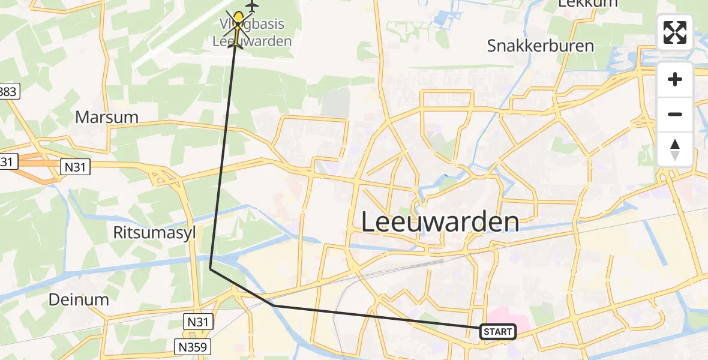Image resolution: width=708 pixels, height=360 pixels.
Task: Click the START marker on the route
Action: pos(497,331)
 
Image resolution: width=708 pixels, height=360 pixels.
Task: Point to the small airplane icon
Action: pos(251,6)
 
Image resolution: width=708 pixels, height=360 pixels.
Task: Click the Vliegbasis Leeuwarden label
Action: pos(252,33)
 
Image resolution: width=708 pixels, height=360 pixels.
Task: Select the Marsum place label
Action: pos(107,117)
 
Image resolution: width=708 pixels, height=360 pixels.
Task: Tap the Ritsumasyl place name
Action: pos(155,233)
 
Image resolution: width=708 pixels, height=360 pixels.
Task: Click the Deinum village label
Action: pos(80,299)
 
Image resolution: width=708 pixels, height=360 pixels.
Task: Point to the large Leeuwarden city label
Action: pos(440,222)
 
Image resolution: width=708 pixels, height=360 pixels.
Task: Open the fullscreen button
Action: pos(675,32)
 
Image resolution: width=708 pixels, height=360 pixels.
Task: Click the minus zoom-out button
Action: pos(675,114)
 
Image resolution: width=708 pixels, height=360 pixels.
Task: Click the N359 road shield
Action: pos(193,346)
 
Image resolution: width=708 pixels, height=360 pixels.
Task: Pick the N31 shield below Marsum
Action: pos(76,167)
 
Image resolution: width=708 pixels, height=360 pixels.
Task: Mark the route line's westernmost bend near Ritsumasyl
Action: pos(210,269)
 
